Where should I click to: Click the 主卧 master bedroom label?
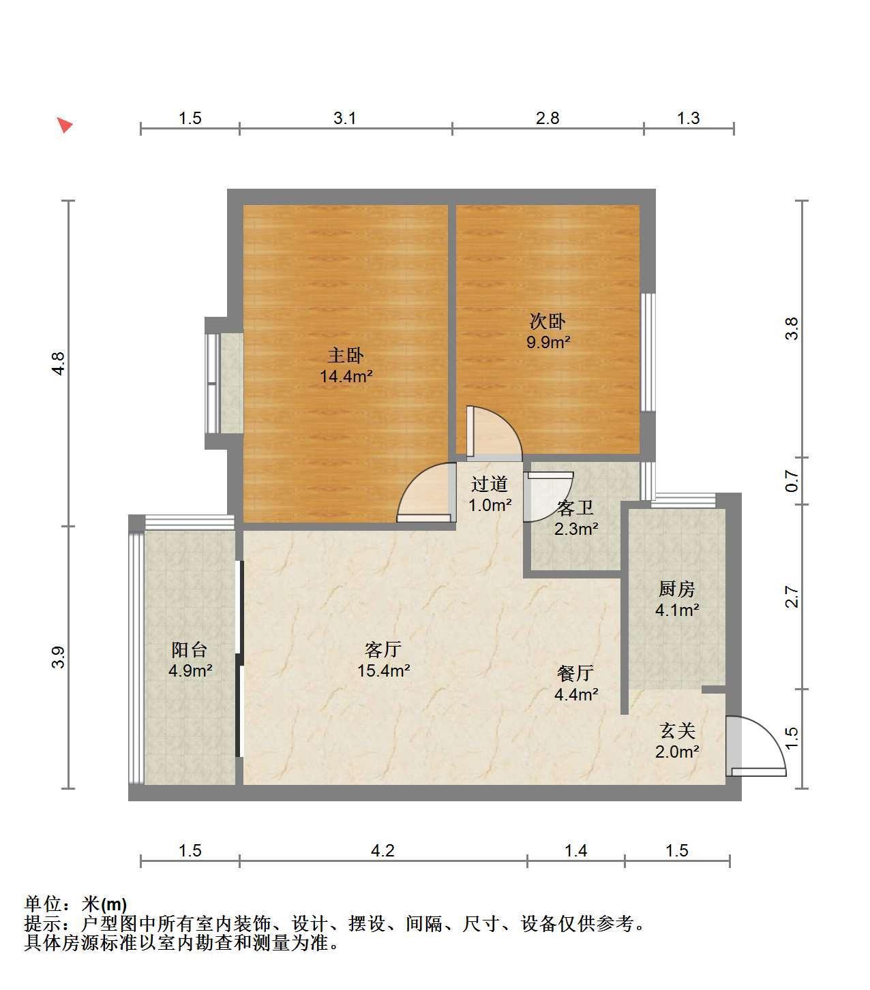coord(346,355)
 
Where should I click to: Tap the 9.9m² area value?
coord(548,342)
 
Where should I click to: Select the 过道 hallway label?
coord(490,484)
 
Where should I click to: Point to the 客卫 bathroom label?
coord(575,508)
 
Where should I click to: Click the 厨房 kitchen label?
coord(677,589)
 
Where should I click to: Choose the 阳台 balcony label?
coord(190,649)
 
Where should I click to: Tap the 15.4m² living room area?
coord(383,670)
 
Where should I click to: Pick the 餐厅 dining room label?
coord(575,673)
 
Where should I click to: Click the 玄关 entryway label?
coord(677,731)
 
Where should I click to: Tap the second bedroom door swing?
coord(494,433)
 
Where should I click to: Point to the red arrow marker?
coord(64,125)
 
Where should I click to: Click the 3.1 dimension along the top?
coord(345,118)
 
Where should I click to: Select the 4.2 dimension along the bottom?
coord(382,850)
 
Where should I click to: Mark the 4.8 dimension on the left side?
coord(58,364)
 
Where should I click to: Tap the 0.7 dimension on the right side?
coord(792,481)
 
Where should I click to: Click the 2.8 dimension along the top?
coord(547,118)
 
